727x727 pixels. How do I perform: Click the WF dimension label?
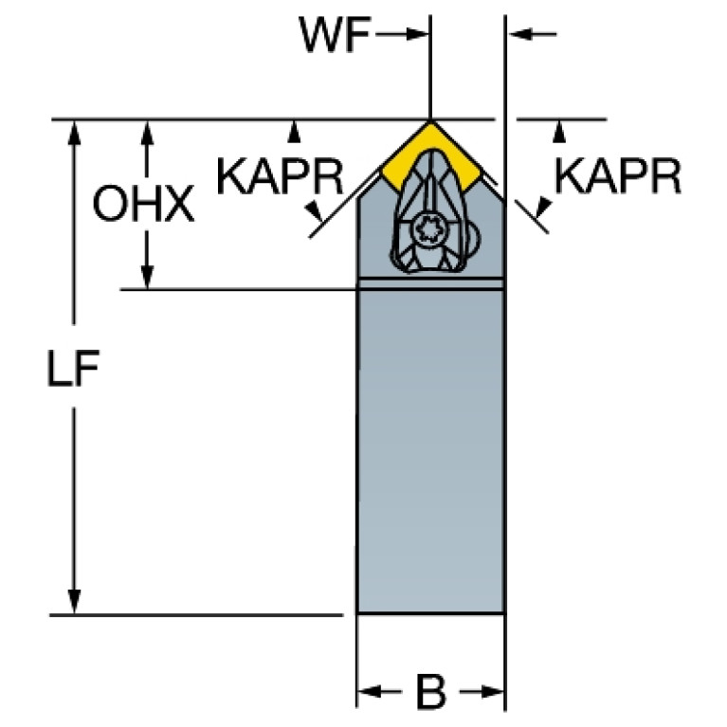click(x=335, y=34)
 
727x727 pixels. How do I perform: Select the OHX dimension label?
click(x=143, y=204)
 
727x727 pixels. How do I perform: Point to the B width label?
click(x=430, y=693)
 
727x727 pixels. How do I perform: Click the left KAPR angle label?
click(x=280, y=176)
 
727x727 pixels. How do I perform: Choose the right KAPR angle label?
click(x=618, y=175)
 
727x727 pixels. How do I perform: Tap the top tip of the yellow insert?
click(x=430, y=121)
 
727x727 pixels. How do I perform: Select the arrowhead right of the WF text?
click(x=417, y=34)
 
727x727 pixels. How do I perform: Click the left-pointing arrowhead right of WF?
click(x=519, y=34)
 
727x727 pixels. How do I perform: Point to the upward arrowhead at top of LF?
click(x=74, y=132)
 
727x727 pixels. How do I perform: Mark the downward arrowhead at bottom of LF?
click(x=74, y=601)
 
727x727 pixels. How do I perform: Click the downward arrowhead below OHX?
click(x=147, y=277)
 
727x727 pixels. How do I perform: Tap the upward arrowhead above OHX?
click(x=147, y=132)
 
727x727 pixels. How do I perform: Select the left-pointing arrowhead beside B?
click(x=370, y=692)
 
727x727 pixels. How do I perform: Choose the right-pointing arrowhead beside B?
click(x=492, y=692)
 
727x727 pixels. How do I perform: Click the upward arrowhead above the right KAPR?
click(x=559, y=132)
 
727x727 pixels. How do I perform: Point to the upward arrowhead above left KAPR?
click(x=294, y=132)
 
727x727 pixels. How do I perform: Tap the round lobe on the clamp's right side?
click(x=474, y=239)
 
